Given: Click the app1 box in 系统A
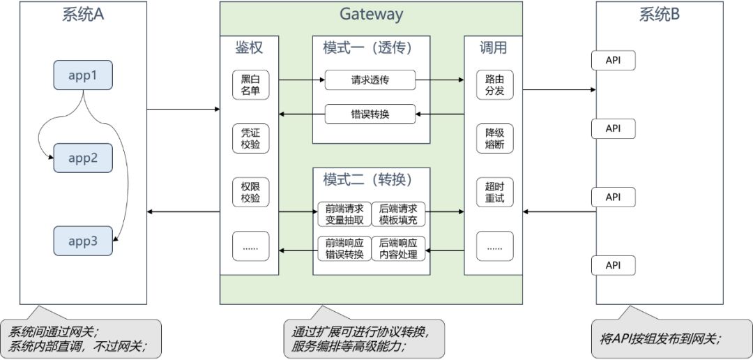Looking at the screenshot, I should pyautogui.click(x=83, y=75).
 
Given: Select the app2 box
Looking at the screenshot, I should pyautogui.click(x=83, y=158).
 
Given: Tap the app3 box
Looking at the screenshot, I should pyautogui.click(x=83, y=241).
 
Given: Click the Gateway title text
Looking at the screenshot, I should pyautogui.click(x=371, y=14).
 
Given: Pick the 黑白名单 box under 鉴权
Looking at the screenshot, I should pyautogui.click(x=250, y=85).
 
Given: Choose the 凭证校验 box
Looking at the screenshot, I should pyautogui.click(x=250, y=139).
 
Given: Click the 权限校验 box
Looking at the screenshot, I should pyautogui.click(x=250, y=193).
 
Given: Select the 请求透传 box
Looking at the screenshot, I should pyautogui.click(x=370, y=80).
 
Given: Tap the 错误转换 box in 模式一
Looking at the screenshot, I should pyautogui.click(x=370, y=114).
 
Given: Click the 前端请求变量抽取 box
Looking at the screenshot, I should pyautogui.click(x=344, y=213).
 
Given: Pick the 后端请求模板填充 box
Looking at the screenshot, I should pyautogui.click(x=398, y=213).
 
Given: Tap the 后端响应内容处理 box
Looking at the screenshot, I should pyautogui.click(x=398, y=249).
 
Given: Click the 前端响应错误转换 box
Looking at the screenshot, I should pyautogui.click(x=344, y=249).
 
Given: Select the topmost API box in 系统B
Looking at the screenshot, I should pyautogui.click(x=613, y=61).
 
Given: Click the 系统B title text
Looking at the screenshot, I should pyautogui.click(x=660, y=14).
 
